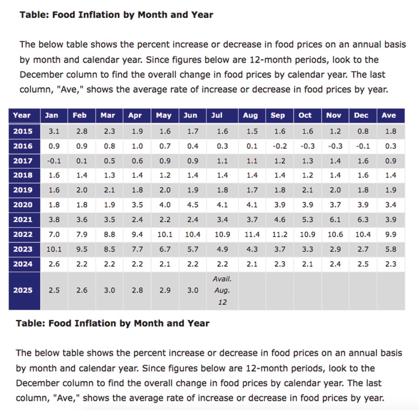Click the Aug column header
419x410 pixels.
pyautogui.click(x=250, y=115)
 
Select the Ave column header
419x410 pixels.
pyautogui.click(x=388, y=115)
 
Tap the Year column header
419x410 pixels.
pyautogui.click(x=22, y=115)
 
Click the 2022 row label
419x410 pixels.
pyautogui.click(x=23, y=234)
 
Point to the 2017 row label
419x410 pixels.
pyautogui.click(x=23, y=161)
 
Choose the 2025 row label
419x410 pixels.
pyautogui.click(x=23, y=290)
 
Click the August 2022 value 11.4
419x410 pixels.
pyautogui.click(x=252, y=234)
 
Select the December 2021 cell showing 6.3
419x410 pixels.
pyautogui.click(x=363, y=220)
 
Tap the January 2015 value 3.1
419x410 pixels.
pyautogui.click(x=54, y=132)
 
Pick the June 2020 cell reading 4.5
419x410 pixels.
pyautogui.click(x=193, y=205)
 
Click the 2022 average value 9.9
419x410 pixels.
pyautogui.click(x=391, y=234)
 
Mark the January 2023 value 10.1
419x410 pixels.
pyautogui.click(x=54, y=249)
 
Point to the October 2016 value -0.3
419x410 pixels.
pyautogui.click(x=307, y=146)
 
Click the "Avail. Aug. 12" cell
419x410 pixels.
pyautogui.click(x=222, y=290)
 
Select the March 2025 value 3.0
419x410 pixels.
pyautogui.click(x=110, y=290)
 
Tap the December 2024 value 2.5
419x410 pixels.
pyautogui.click(x=363, y=264)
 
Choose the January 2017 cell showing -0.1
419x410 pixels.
pyautogui.click(x=54, y=161)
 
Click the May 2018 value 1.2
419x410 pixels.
pyautogui.click(x=165, y=175)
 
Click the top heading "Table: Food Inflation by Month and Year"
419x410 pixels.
pyautogui.click(x=117, y=15)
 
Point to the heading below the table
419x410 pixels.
pyautogui.click(x=113, y=323)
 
